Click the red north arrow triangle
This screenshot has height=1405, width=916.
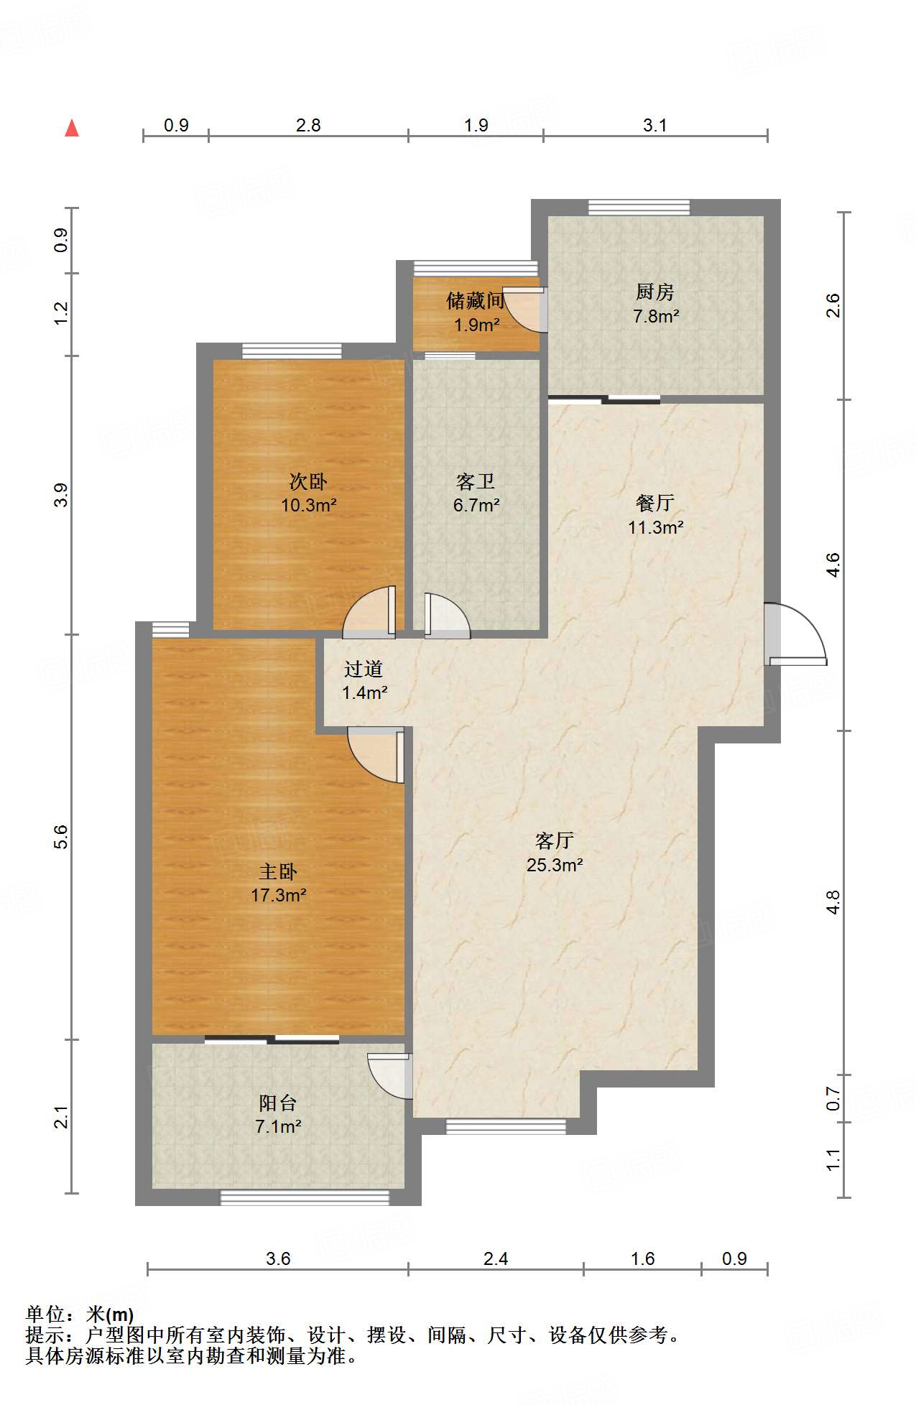72,128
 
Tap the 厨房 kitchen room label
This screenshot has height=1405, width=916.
655,292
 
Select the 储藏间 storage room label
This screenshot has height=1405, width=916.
475,300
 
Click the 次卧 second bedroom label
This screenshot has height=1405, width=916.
308,481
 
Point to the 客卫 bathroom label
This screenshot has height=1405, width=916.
476,481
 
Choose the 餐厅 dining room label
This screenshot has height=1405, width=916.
655,503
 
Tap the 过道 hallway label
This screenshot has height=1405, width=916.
364,669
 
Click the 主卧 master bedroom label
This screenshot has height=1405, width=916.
278,872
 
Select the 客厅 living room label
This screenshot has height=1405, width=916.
555,841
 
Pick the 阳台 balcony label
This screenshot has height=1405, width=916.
278,1103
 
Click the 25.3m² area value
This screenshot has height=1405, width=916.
555,865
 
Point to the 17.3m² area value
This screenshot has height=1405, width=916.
279,896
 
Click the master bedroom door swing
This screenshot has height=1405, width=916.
376,755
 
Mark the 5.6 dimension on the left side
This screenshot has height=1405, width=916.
61,837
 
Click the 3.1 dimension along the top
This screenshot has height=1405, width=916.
655,126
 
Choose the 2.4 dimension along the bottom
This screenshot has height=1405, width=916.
496,1258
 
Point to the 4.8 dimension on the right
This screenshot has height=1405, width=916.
833,902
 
